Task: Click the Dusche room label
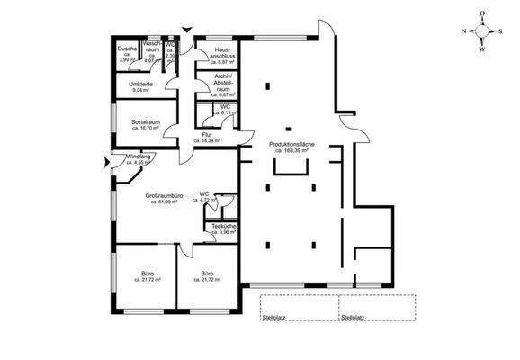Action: (127, 49)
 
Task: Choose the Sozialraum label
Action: (146, 121)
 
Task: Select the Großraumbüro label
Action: (163, 195)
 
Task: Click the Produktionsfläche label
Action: (292, 144)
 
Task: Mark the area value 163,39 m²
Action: (294, 151)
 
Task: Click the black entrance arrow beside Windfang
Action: (109, 163)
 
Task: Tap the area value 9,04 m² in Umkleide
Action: (140, 90)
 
